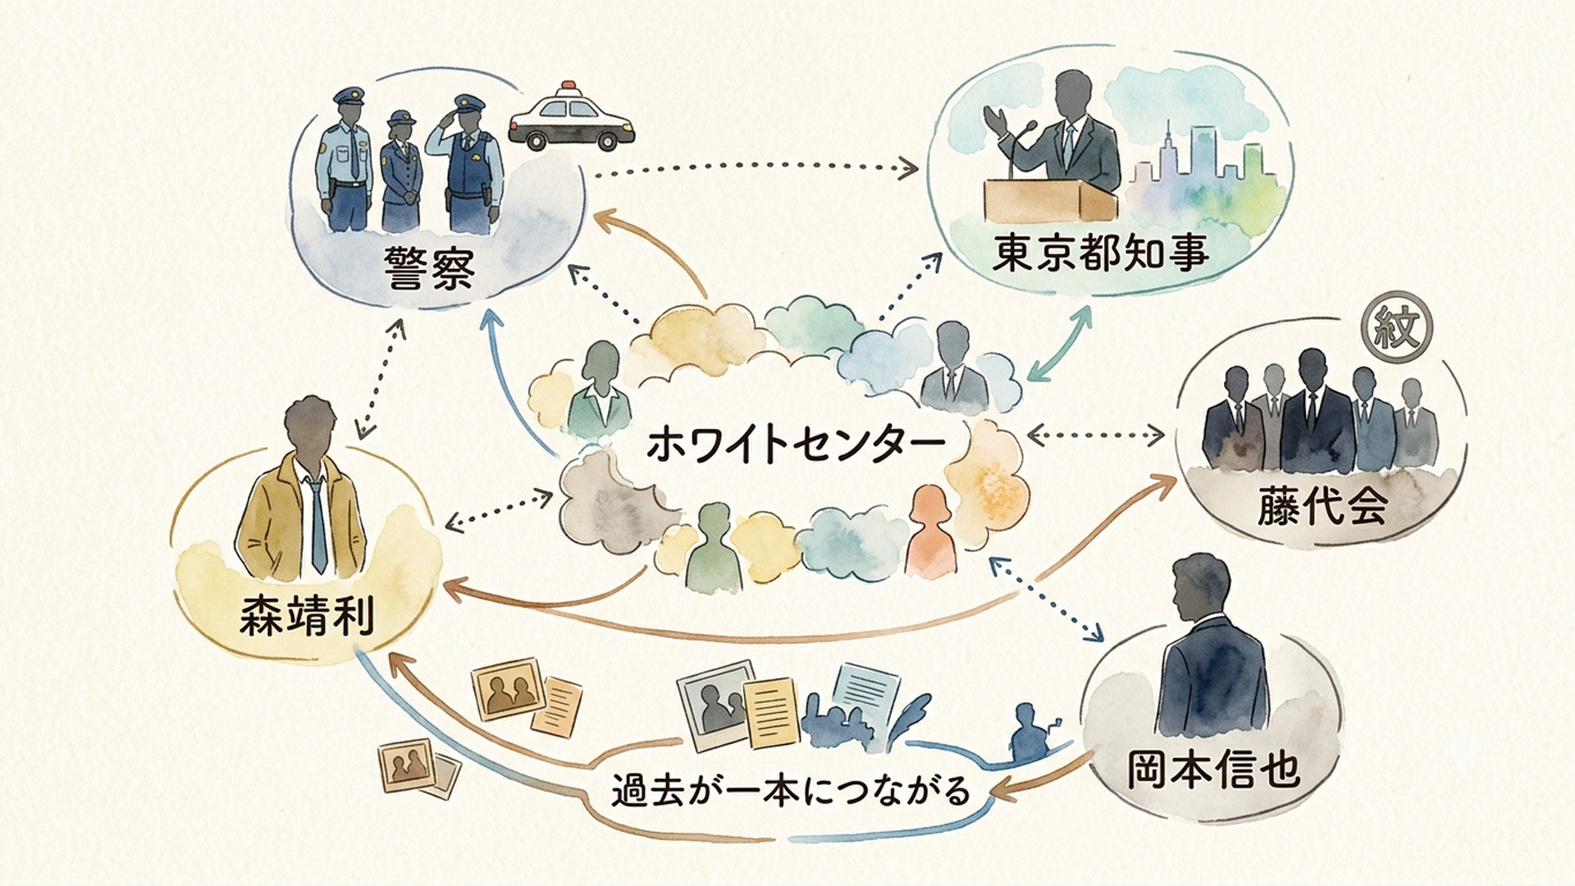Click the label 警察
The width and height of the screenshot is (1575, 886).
click(429, 268)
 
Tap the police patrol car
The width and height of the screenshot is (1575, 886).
click(572, 118)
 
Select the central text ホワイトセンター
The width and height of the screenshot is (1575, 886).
click(796, 445)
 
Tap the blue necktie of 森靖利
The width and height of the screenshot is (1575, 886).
click(316, 524)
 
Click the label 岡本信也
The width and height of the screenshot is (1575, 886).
click(1213, 769)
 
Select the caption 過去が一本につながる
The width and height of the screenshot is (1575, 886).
click(791, 791)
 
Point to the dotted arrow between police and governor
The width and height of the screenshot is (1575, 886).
click(756, 168)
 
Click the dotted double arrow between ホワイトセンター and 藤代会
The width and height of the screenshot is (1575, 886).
click(1096, 436)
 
